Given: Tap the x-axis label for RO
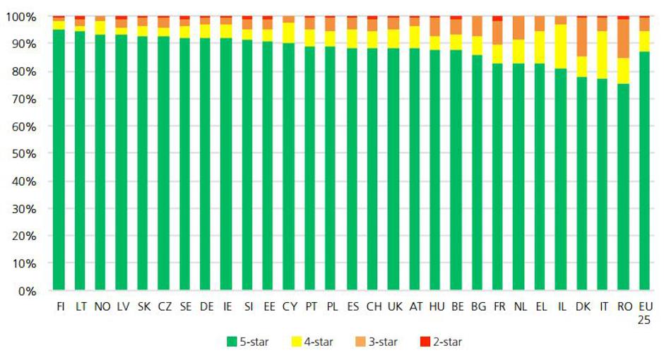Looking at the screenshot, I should (x=623, y=308).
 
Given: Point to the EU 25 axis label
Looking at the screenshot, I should (x=644, y=313).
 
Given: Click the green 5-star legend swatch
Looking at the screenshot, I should (x=231, y=342).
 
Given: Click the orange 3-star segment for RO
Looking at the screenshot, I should (x=623, y=38).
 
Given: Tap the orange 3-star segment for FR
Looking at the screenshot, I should (x=498, y=32).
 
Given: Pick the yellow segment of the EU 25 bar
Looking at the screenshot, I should (x=644, y=41).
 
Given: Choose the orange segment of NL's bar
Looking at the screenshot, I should (x=519, y=28).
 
